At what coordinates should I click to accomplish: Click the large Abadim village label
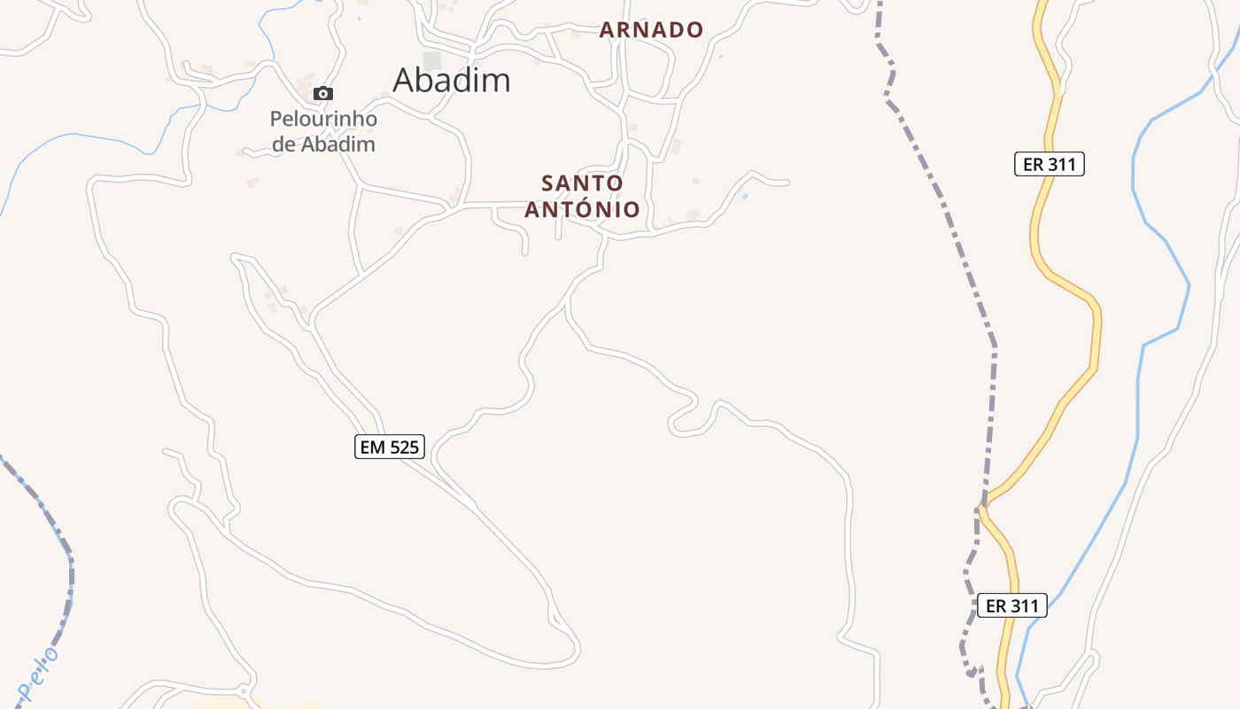452,80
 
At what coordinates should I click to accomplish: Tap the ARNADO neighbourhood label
651,30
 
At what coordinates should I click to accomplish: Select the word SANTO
582,183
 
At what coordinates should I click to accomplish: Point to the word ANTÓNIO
582,209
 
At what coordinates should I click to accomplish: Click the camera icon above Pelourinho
323,93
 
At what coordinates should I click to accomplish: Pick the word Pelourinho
323,119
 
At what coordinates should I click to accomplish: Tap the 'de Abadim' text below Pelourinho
323,144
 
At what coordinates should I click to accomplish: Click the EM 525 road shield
390,447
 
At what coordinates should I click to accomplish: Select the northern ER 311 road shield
1049,164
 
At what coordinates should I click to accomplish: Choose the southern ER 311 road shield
1011,606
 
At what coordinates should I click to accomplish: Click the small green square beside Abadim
431,60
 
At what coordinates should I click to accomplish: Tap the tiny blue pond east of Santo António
745,196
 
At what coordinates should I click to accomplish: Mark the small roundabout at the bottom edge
244,690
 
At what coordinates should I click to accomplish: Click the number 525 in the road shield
403,447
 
